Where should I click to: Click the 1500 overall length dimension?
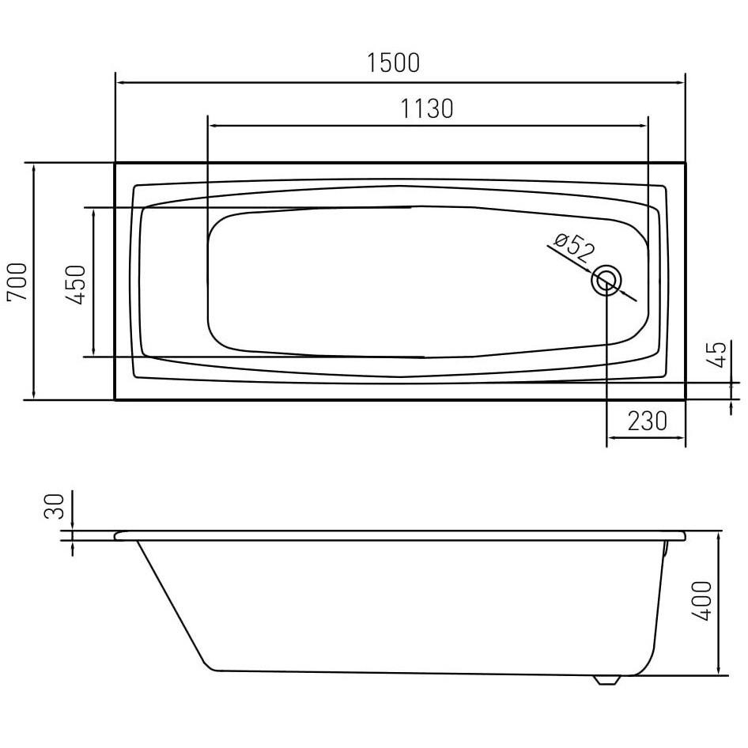click(x=393, y=62)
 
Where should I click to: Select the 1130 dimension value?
click(x=426, y=109)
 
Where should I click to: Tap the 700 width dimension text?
click(x=17, y=281)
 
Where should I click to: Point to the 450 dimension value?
click(x=75, y=285)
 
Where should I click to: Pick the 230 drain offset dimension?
click(x=647, y=421)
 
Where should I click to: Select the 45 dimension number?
click(x=717, y=354)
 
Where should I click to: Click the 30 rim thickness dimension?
click(x=54, y=506)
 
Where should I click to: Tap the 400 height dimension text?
click(x=701, y=601)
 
